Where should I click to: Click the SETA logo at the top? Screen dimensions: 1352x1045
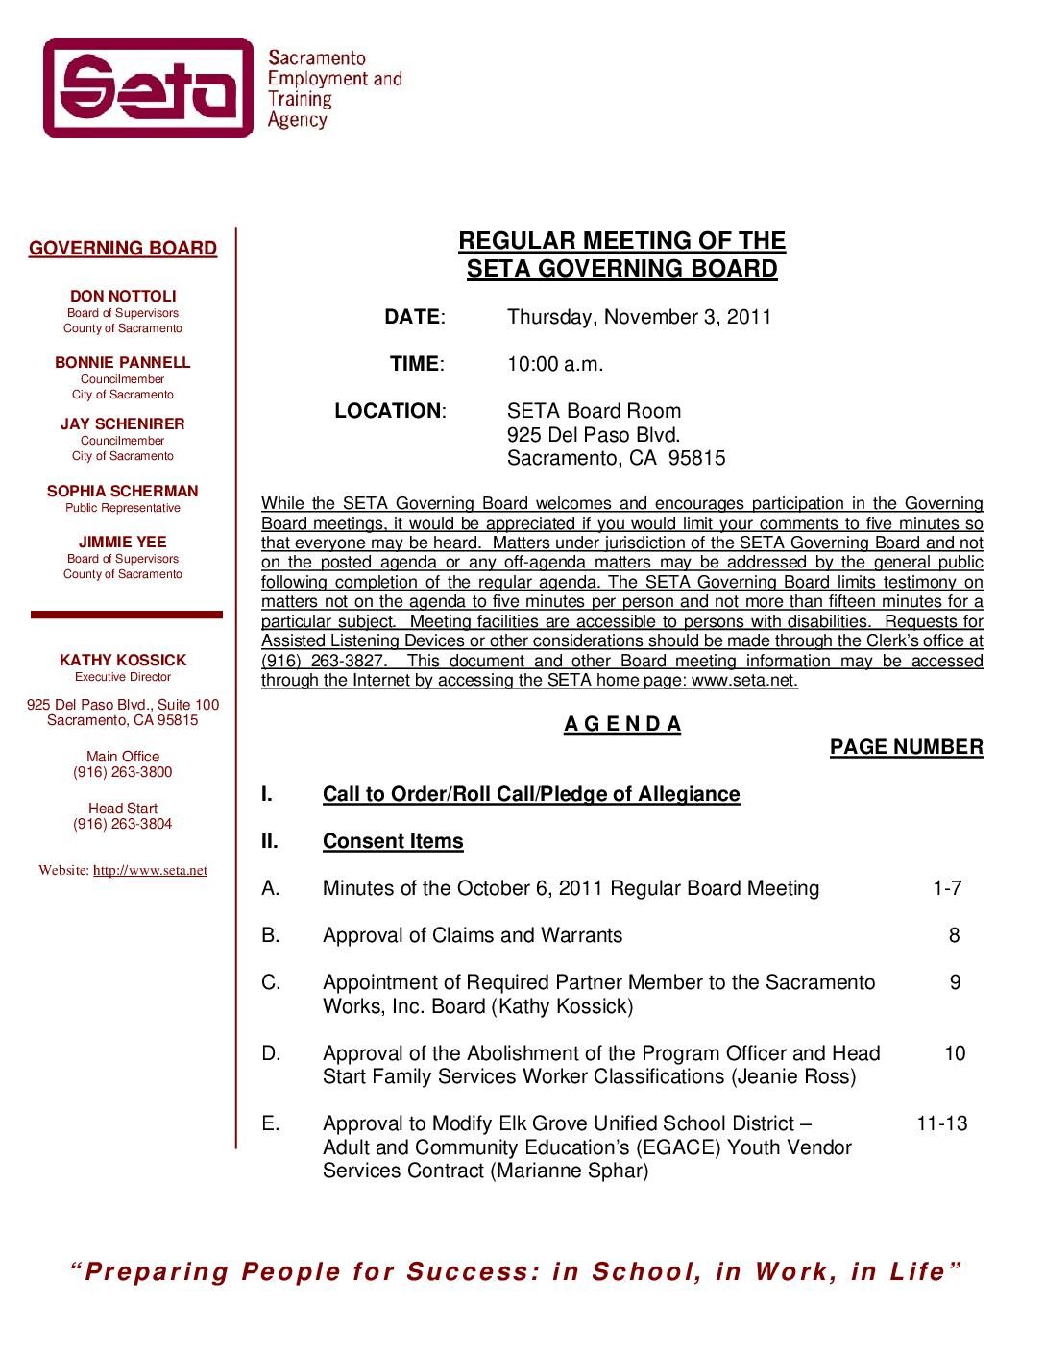[x=149, y=88]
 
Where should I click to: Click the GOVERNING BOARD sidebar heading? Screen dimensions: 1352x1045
[x=123, y=249]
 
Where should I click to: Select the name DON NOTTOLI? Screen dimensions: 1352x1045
[x=123, y=296]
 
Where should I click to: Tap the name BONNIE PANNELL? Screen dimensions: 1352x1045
[x=123, y=362]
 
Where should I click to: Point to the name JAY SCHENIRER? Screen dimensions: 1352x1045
[x=123, y=423]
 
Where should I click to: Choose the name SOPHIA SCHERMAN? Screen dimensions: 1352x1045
[x=123, y=491]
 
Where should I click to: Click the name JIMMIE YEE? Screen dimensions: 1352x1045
[x=123, y=542]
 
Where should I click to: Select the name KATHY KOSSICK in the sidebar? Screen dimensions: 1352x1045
[x=123, y=660]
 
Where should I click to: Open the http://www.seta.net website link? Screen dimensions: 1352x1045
[x=150, y=871]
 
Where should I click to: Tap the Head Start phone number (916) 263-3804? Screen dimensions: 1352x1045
[x=123, y=824]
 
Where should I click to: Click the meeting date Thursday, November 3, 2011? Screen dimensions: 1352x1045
[x=639, y=317]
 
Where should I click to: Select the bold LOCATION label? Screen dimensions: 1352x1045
[x=388, y=411]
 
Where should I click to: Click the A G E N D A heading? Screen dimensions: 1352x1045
[x=622, y=724]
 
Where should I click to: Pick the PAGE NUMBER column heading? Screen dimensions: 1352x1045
[x=906, y=747]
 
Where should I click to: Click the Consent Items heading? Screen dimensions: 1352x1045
[x=393, y=841]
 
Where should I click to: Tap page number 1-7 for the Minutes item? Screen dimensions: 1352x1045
[x=947, y=888]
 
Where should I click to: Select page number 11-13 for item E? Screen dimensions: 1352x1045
[x=942, y=1123]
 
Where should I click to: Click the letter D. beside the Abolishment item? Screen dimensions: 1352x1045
[x=271, y=1053]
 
